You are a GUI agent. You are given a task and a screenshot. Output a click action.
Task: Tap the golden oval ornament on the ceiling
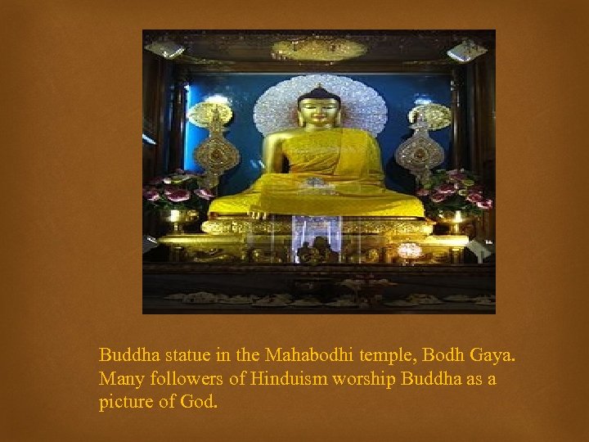(x=318, y=48)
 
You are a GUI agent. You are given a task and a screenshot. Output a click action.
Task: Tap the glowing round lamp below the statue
(x=409, y=250)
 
